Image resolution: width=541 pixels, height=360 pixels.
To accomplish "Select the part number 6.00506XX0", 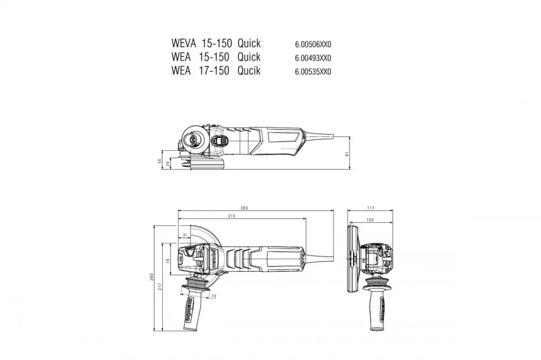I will tap(313, 44).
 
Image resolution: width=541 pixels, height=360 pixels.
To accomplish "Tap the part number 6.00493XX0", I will tap(313, 58).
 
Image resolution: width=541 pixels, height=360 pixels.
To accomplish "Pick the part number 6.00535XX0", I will tap(313, 71).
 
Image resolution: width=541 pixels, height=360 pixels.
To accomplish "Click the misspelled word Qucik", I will tap(249, 71).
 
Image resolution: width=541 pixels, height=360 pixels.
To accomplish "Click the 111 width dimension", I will tap(371, 208).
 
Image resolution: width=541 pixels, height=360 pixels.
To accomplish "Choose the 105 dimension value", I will tap(370, 220).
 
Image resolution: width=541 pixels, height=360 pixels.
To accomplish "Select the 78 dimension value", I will tap(168, 261).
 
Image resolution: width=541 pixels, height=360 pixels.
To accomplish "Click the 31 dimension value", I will tap(185, 235).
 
